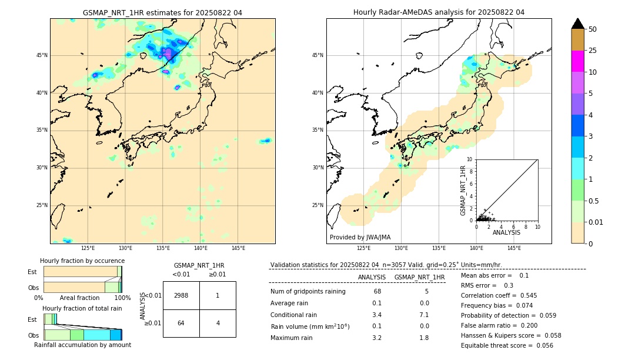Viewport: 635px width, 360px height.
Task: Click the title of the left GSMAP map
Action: (162, 12)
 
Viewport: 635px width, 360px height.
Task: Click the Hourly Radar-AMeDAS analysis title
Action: (439, 12)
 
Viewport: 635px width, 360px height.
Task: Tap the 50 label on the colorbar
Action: (593, 29)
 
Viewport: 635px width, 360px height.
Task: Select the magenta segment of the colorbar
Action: (577, 61)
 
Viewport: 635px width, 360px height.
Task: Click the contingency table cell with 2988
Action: (181, 295)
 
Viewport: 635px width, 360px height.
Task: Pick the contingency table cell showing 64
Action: (181, 323)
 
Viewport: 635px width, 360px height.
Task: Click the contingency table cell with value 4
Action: (218, 323)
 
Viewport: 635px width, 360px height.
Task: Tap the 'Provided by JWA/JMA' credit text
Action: (360, 237)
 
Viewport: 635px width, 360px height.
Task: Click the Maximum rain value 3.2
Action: (377, 338)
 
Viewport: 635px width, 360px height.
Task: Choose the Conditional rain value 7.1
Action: (424, 315)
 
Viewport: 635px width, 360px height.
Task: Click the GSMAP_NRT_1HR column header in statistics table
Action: (419, 277)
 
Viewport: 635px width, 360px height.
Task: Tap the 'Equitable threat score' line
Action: (507, 345)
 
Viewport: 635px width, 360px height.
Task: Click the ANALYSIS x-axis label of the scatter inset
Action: (506, 232)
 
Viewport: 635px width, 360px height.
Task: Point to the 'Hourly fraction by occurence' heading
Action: (82, 261)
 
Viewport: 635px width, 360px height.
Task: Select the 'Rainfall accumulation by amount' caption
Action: (82, 345)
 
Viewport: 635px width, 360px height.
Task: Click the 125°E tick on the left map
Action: (88, 248)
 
